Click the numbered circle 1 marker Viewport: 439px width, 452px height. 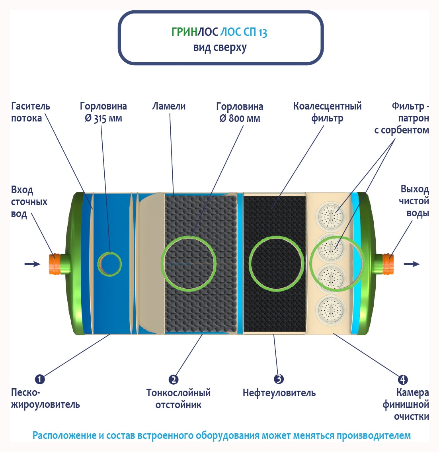[40, 379]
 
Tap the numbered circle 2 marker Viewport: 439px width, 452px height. [173, 380]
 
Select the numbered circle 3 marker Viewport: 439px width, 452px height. [279, 379]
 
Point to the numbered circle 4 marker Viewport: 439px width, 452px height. [403, 380]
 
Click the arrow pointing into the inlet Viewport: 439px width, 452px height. [32, 264]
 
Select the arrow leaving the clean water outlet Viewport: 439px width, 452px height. [412, 264]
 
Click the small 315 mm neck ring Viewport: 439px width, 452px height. [109, 264]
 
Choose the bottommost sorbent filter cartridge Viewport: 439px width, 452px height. [331, 309]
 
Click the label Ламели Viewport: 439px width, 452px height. [169, 106]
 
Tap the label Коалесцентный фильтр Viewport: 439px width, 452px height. [327, 112]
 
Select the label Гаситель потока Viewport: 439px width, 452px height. [30, 112]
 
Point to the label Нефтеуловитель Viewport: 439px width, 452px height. [279, 393]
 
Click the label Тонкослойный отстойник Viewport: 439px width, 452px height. [178, 399]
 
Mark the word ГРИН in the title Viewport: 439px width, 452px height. [184, 32]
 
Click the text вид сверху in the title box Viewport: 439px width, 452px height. [220, 47]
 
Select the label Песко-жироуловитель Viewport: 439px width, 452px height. [45, 399]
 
